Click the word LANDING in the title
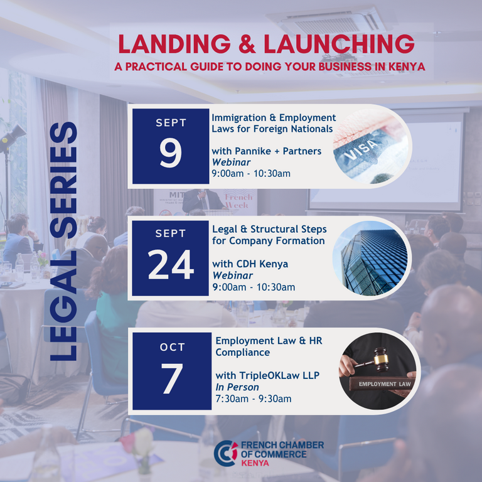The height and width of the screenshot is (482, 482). pos(174,44)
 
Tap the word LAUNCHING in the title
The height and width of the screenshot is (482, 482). pos(339,44)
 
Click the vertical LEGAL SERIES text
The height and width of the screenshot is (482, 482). pos(63,241)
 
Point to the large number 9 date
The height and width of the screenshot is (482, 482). pos(171,153)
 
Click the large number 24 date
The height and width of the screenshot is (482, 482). pos(171,264)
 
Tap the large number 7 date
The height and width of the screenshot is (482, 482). pos(172,378)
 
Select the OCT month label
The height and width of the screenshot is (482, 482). pos(172,347)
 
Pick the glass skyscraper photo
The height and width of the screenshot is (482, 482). pos(371,258)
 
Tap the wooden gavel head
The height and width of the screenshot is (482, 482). pos(380,359)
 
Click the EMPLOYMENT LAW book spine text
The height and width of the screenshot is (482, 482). pos(385,384)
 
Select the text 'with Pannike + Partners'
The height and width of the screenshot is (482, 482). pos(267,151)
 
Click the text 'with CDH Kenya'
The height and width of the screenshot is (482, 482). pos(250,264)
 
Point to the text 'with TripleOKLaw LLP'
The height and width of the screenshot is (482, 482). pos(267,376)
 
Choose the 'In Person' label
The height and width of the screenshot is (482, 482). pos(237,387)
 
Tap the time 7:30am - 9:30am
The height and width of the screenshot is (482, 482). pos(254,399)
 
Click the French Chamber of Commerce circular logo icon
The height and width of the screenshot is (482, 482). pos(226,453)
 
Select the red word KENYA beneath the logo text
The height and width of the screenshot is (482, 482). pos(255,463)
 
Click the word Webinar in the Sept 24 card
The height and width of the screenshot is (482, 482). pos(233,276)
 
